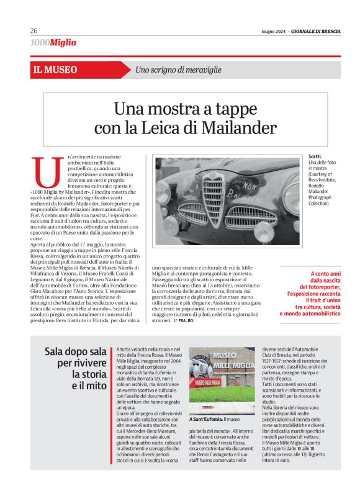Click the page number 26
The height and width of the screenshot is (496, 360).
click(34, 30)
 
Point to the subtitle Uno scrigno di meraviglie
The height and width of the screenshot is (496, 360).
click(178, 70)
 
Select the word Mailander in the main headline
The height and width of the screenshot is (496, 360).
click(236, 128)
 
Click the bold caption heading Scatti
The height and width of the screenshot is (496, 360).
click(315, 156)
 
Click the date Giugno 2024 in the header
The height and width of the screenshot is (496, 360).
click(273, 31)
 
